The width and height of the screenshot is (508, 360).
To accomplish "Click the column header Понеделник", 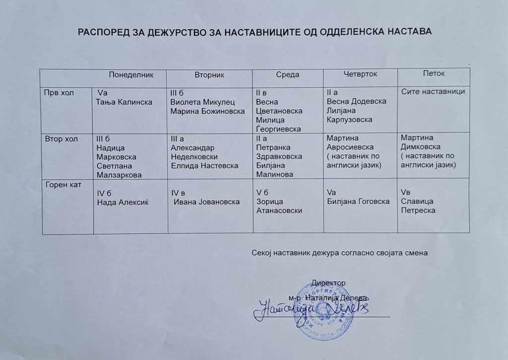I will tap(131, 74).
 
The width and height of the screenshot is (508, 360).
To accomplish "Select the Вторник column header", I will tap(210, 75).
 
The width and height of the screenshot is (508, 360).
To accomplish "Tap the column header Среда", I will tap(287, 74).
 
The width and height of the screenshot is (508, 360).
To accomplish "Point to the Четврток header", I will tap(360, 74).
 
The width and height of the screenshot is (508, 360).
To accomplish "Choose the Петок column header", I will tap(434, 73).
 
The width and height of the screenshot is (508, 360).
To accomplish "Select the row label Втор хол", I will tap(62, 139).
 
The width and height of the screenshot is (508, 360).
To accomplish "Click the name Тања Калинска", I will tap(124, 102).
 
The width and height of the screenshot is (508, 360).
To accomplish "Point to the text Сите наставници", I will tap(433, 92).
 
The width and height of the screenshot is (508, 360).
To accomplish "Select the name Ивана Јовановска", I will tap(206, 202).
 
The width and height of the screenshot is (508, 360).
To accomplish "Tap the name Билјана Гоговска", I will tap(358, 201).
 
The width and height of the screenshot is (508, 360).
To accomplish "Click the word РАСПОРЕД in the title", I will tap(103, 31).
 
